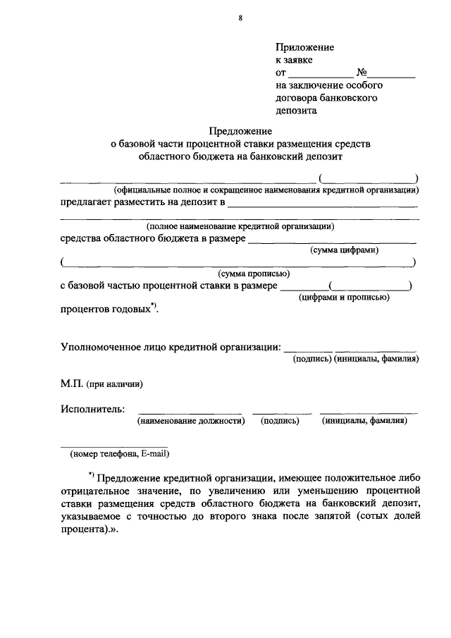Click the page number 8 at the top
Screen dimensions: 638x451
240,20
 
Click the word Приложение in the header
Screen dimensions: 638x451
304,47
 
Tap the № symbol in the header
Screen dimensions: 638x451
364,73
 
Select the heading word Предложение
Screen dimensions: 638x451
240,131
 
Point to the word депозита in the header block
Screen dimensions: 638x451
296,111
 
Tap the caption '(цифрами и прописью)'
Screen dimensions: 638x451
344,297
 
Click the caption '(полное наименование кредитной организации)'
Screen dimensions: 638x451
240,226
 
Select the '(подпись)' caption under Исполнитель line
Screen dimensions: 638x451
280,421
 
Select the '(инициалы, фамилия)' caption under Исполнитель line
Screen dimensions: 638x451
364,421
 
